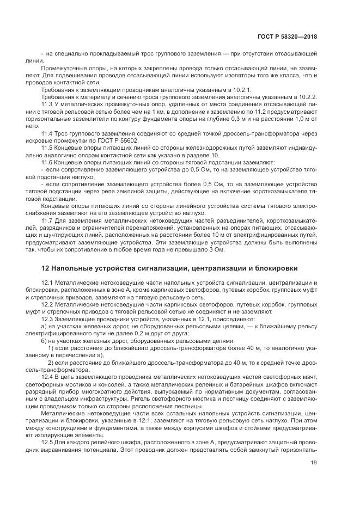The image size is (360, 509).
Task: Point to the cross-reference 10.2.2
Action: tap(306, 96)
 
